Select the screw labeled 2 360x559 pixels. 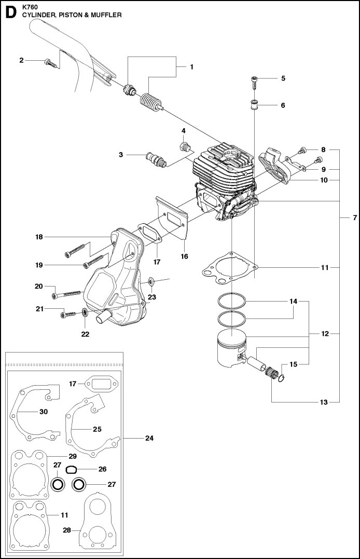coord(51,64)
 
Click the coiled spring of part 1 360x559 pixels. coord(150,101)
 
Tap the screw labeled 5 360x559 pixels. coord(255,82)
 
